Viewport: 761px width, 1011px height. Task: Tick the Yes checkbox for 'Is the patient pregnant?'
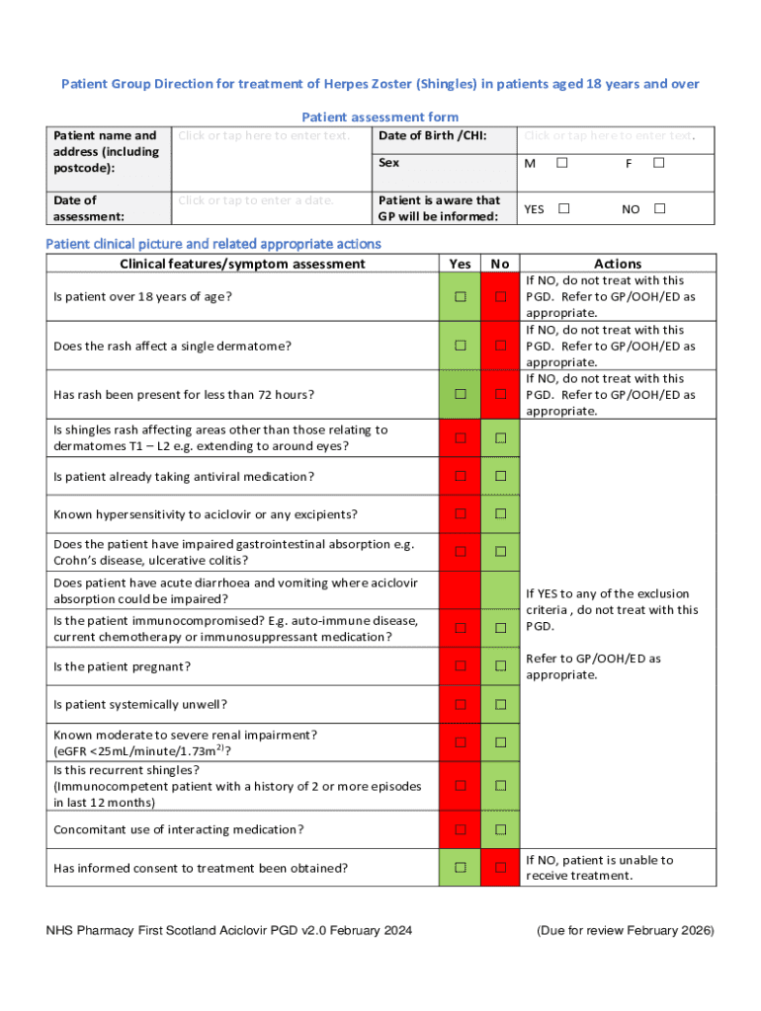point(461,666)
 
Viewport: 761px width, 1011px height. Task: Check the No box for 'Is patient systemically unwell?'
point(501,705)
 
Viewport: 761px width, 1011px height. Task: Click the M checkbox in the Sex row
point(561,162)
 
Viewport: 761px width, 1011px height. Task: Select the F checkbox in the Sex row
point(659,162)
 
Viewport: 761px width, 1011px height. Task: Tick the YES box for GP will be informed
point(563,209)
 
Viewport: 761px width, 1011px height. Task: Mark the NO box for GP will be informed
point(660,209)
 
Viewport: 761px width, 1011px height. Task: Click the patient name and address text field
point(264,135)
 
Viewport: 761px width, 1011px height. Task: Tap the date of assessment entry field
point(257,200)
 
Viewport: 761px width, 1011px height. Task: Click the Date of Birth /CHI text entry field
point(609,135)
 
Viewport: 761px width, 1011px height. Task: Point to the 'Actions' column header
point(618,264)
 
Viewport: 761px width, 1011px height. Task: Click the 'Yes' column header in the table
point(460,264)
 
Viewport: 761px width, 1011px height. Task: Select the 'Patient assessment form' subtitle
point(380,117)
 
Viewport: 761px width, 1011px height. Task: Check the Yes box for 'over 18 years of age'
point(461,297)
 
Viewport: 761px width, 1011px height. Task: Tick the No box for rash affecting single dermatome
point(501,346)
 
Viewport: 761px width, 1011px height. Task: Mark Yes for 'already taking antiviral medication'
point(461,477)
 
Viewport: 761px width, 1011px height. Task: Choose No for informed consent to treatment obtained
point(501,868)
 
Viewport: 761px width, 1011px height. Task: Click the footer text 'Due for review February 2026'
point(625,931)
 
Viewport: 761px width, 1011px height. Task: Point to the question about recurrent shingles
point(237,786)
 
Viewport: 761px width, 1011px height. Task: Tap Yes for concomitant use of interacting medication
point(461,829)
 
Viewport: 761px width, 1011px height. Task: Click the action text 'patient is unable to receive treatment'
point(599,868)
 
